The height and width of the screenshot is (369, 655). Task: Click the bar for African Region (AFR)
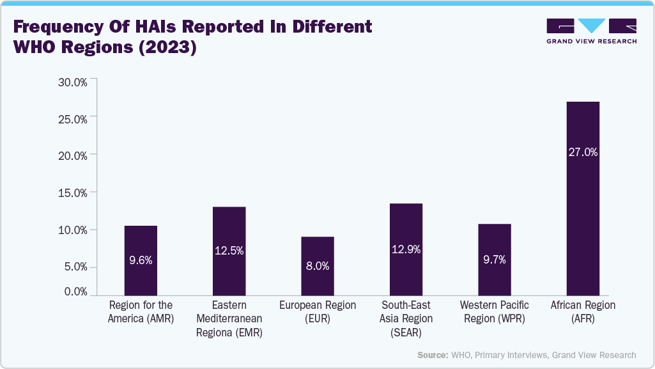(583, 198)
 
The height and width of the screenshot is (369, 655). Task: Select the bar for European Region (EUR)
(318, 265)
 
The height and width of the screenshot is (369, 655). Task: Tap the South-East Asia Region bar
(406, 249)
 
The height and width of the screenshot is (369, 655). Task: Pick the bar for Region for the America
(141, 260)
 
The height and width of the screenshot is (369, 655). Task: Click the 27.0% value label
(583, 152)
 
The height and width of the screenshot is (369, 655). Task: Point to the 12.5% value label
(229, 251)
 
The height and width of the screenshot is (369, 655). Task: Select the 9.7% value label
(494, 259)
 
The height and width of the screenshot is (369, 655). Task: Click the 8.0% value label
(318, 266)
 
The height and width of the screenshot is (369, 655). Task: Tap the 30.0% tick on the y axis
(72, 82)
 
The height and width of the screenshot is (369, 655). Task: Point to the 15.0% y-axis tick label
(72, 192)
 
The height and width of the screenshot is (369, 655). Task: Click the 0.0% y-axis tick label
(75, 292)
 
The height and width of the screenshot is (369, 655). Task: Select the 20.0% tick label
(72, 155)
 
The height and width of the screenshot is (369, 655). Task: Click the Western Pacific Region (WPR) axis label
(494, 312)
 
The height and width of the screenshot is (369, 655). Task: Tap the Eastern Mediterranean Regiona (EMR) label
(229, 318)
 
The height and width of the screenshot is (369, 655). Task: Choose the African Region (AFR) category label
(583, 312)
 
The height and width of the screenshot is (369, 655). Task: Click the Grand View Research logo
(591, 31)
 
